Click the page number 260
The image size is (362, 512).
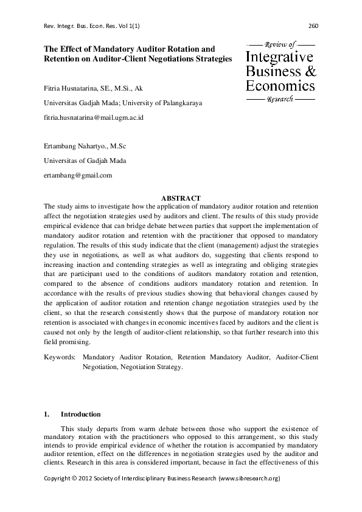(x=314, y=26)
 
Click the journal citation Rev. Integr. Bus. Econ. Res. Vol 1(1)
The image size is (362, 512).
(x=91, y=26)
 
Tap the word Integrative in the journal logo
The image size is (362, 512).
(x=280, y=58)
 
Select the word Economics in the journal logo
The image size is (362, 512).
(x=280, y=86)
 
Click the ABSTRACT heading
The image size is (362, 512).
(x=181, y=198)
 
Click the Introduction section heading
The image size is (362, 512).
(x=81, y=414)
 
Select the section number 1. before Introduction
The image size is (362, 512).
(x=47, y=414)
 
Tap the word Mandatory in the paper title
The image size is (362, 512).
(x=110, y=48)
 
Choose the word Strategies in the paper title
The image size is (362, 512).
(x=214, y=58)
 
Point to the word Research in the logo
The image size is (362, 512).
(x=280, y=99)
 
